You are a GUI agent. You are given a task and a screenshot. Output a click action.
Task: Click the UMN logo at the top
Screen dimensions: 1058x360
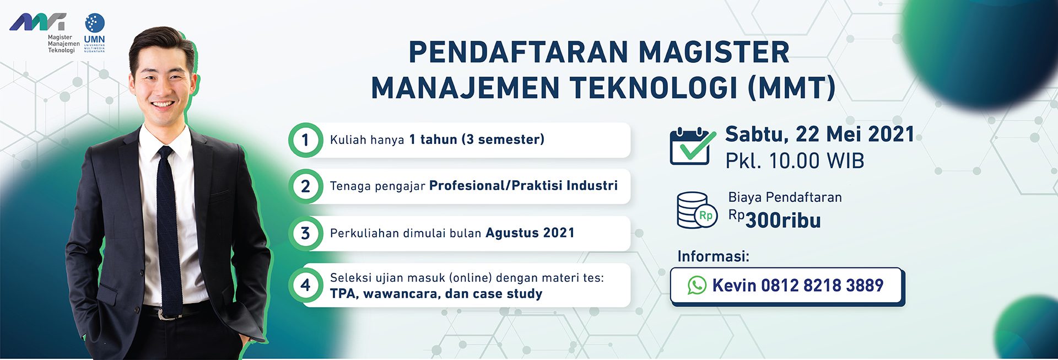(94, 33)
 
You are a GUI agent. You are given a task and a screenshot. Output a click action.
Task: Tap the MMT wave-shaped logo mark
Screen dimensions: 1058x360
(38, 22)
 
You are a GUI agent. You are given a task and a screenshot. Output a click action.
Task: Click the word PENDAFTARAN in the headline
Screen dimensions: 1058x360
(518, 52)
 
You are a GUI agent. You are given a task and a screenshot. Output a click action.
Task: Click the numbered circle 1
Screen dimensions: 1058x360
(305, 140)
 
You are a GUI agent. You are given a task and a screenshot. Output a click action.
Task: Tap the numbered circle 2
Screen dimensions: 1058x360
(305, 186)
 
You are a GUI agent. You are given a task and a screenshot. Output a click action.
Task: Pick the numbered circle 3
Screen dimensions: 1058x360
(305, 233)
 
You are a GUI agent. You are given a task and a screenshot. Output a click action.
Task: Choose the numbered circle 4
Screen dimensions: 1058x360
(305, 285)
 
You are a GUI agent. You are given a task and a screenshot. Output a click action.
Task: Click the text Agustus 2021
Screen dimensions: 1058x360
(530, 233)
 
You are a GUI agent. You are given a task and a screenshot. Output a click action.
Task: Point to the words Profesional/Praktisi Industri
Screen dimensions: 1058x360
(523, 186)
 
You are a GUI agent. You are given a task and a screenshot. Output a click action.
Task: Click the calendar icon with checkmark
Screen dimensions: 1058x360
(692, 146)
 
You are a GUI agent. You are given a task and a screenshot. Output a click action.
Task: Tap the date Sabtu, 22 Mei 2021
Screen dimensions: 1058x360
(819, 134)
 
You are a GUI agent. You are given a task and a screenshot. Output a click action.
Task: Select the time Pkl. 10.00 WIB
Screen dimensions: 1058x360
(795, 161)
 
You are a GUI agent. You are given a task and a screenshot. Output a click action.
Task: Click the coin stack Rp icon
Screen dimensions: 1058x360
(697, 210)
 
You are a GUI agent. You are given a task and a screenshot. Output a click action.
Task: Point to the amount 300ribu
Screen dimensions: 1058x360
(783, 221)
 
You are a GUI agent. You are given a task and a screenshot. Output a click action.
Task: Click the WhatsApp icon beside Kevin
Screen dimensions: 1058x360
(697, 285)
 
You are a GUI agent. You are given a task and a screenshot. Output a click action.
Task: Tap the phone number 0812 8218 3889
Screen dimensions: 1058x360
(822, 286)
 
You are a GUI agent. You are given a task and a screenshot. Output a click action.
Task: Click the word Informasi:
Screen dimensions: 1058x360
(713, 256)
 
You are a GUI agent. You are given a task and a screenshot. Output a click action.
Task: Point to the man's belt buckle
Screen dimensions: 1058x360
(163, 314)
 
